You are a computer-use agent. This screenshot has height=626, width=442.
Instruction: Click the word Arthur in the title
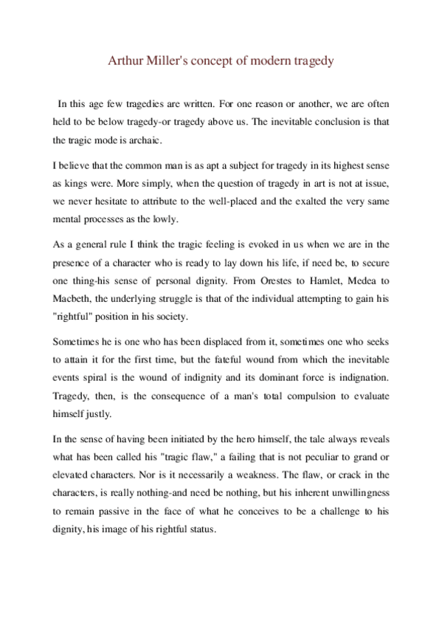[123, 61]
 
